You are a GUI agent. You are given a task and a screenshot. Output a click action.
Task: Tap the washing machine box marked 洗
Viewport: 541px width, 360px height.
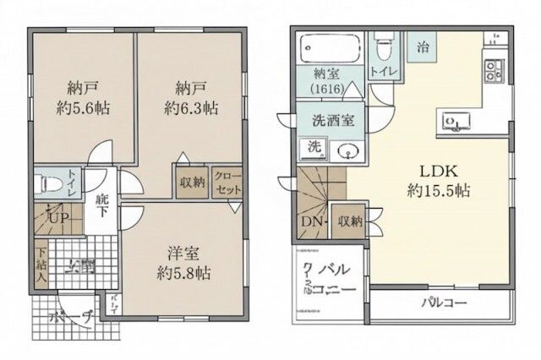(x=314, y=146)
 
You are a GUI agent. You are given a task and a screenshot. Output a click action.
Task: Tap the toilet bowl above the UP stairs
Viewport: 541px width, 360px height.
(x=46, y=183)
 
